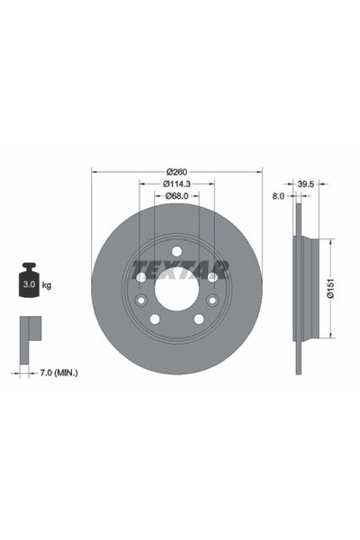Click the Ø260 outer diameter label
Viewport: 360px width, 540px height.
(176, 172)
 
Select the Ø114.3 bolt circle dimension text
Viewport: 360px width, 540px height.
(176, 184)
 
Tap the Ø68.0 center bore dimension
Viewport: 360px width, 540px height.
(176, 197)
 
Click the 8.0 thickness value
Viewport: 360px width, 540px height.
(278, 195)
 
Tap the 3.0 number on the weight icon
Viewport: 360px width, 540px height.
(27, 285)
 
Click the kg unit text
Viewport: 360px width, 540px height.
(46, 285)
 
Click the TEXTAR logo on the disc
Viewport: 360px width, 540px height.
(181, 267)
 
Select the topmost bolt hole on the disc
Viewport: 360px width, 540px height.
(176, 251)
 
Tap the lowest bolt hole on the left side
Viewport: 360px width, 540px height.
(155, 319)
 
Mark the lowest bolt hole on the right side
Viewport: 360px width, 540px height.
(198, 319)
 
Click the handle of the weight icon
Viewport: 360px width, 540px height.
(27, 268)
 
